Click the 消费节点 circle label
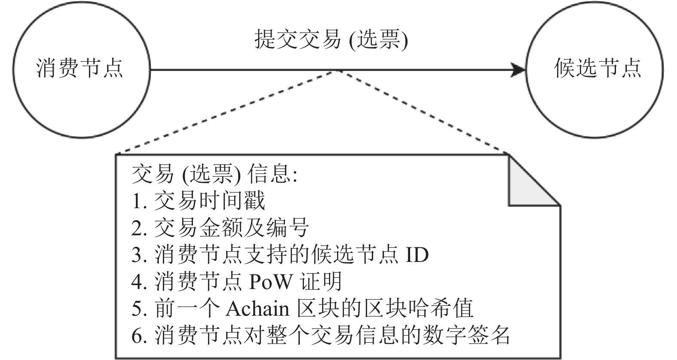80,68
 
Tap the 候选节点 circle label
597,68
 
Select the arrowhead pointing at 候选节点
518,70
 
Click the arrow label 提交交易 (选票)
331,39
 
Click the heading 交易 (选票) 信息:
215,174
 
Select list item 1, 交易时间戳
198,200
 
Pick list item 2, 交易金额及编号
220,228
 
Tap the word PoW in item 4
270,281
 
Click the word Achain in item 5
257,308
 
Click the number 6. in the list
139,336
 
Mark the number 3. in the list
139,255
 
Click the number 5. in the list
139,309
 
